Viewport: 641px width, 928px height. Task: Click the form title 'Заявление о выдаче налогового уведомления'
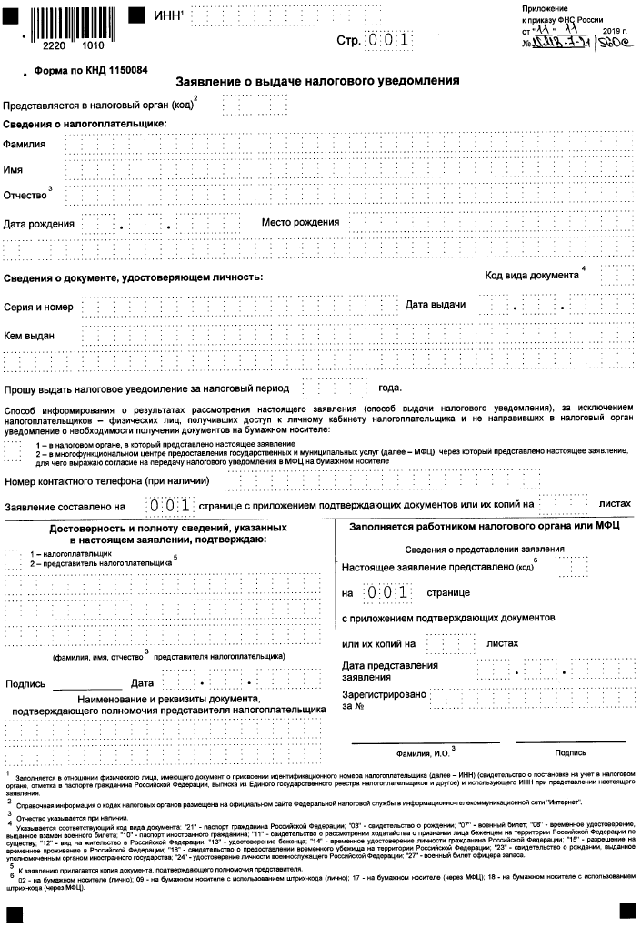coord(316,80)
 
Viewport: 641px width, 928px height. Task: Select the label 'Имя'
coord(13,170)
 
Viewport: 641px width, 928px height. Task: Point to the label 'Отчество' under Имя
coord(25,196)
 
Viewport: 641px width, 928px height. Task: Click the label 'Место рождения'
coord(300,222)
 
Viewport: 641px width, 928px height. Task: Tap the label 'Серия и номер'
coord(38,308)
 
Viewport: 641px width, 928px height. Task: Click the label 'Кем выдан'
coord(29,336)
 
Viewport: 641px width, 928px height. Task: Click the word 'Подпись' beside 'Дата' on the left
coord(25,683)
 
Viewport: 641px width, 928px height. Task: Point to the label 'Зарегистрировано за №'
coord(383,700)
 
